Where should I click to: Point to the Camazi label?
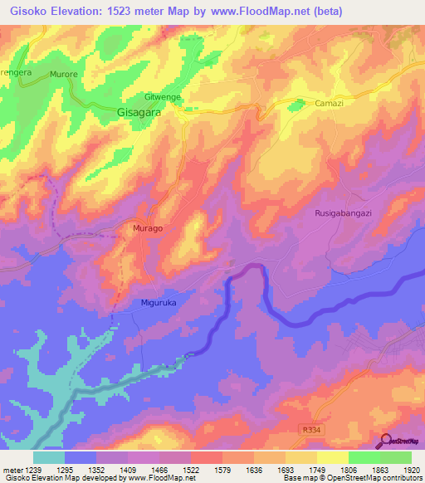pyautogui.click(x=330, y=103)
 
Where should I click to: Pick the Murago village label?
pyautogui.click(x=148, y=227)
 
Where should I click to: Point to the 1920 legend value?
pyautogui.click(x=411, y=469)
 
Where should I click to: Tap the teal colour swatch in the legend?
pyautogui.click(x=48, y=456)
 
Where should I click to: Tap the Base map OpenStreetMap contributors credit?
pyautogui.click(x=351, y=478)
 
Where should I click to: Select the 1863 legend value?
pyautogui.click(x=379, y=469)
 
